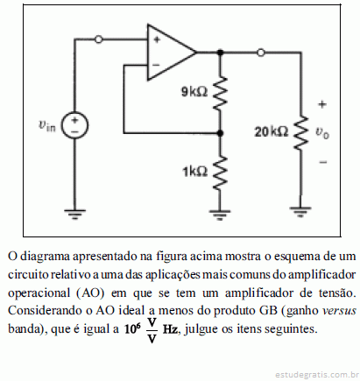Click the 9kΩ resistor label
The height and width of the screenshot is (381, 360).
[194, 92]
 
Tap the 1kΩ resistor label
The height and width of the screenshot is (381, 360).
[195, 172]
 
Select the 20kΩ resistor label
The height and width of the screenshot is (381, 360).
[272, 132]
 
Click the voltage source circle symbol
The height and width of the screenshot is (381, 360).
[74, 125]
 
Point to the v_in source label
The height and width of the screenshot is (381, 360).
[46, 125]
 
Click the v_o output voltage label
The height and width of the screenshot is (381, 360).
[321, 133]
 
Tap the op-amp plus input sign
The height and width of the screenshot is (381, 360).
[157, 39]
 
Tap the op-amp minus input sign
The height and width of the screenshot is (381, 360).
[156, 65]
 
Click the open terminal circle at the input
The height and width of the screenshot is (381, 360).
[99, 39]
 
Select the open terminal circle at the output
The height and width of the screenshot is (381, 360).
[261, 53]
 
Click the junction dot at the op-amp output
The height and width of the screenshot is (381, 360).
[220, 53]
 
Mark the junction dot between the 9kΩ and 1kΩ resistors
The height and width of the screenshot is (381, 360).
[220, 133]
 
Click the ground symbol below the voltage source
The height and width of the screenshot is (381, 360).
[74, 215]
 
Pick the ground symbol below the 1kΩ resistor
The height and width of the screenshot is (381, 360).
[220, 215]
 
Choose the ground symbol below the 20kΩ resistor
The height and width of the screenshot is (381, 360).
[300, 212]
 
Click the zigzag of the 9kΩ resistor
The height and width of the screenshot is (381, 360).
[220, 93]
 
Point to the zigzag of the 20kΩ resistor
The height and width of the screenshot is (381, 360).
[300, 133]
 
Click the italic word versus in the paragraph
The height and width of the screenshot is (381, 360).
[339, 310]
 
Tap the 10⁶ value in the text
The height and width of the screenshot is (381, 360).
[132, 328]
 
